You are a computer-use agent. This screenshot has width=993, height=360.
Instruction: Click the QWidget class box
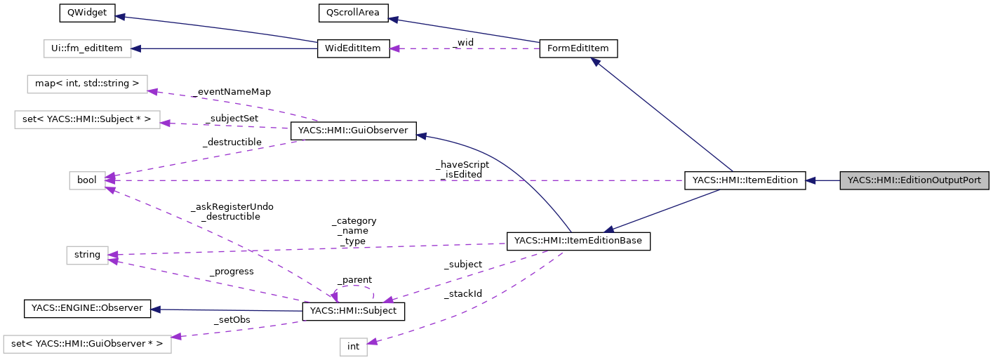click(x=78, y=13)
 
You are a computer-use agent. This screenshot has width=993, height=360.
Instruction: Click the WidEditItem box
click(x=353, y=48)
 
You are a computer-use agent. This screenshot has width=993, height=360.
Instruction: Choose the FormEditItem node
click(x=578, y=48)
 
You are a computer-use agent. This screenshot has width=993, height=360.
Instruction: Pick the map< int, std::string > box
click(x=87, y=84)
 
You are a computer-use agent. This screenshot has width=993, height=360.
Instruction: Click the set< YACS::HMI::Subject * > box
click(x=87, y=119)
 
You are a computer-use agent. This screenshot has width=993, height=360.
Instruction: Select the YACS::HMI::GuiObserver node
click(x=353, y=131)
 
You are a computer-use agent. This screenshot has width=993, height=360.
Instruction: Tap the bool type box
click(x=87, y=180)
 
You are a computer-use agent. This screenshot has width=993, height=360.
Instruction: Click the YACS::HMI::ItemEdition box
click(x=745, y=180)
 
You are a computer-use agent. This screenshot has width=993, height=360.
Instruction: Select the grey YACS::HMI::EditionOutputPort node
click(x=914, y=180)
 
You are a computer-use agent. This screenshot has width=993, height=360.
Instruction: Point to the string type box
click(x=87, y=255)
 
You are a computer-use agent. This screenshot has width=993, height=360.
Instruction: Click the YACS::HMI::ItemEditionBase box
click(x=578, y=241)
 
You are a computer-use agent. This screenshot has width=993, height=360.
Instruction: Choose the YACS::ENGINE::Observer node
click(x=87, y=308)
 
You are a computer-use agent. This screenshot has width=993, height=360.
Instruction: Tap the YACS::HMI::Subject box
click(x=353, y=311)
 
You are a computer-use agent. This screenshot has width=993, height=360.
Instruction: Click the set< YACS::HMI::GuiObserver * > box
click(x=87, y=344)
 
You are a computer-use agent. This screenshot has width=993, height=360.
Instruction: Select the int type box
click(x=353, y=346)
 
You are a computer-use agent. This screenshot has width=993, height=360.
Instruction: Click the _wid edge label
click(x=463, y=43)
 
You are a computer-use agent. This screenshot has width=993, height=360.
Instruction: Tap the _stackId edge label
click(x=462, y=293)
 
